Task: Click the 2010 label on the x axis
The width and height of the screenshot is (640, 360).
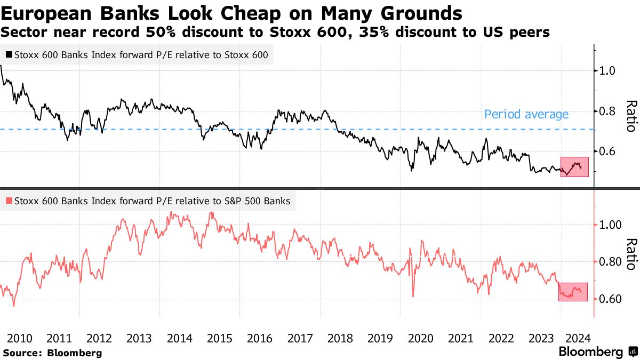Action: pos(20,338)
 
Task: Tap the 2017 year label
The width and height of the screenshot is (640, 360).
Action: pos(300,338)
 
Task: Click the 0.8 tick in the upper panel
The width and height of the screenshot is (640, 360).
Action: pos(609,111)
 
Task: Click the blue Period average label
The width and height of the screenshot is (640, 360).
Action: pos(526,114)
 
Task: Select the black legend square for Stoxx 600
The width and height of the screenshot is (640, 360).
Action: pos(9,54)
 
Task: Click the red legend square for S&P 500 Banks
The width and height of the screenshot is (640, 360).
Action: pos(9,201)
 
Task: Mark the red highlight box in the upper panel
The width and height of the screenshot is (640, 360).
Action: pos(574,166)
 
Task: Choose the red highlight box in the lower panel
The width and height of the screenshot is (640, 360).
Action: pos(573,292)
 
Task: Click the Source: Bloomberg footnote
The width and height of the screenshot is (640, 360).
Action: pos(52,353)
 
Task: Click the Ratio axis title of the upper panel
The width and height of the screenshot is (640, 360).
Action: pos(631,116)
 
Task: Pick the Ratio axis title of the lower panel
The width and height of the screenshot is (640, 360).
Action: pos(631,253)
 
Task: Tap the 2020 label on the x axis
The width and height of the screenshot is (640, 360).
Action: pos(421,338)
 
